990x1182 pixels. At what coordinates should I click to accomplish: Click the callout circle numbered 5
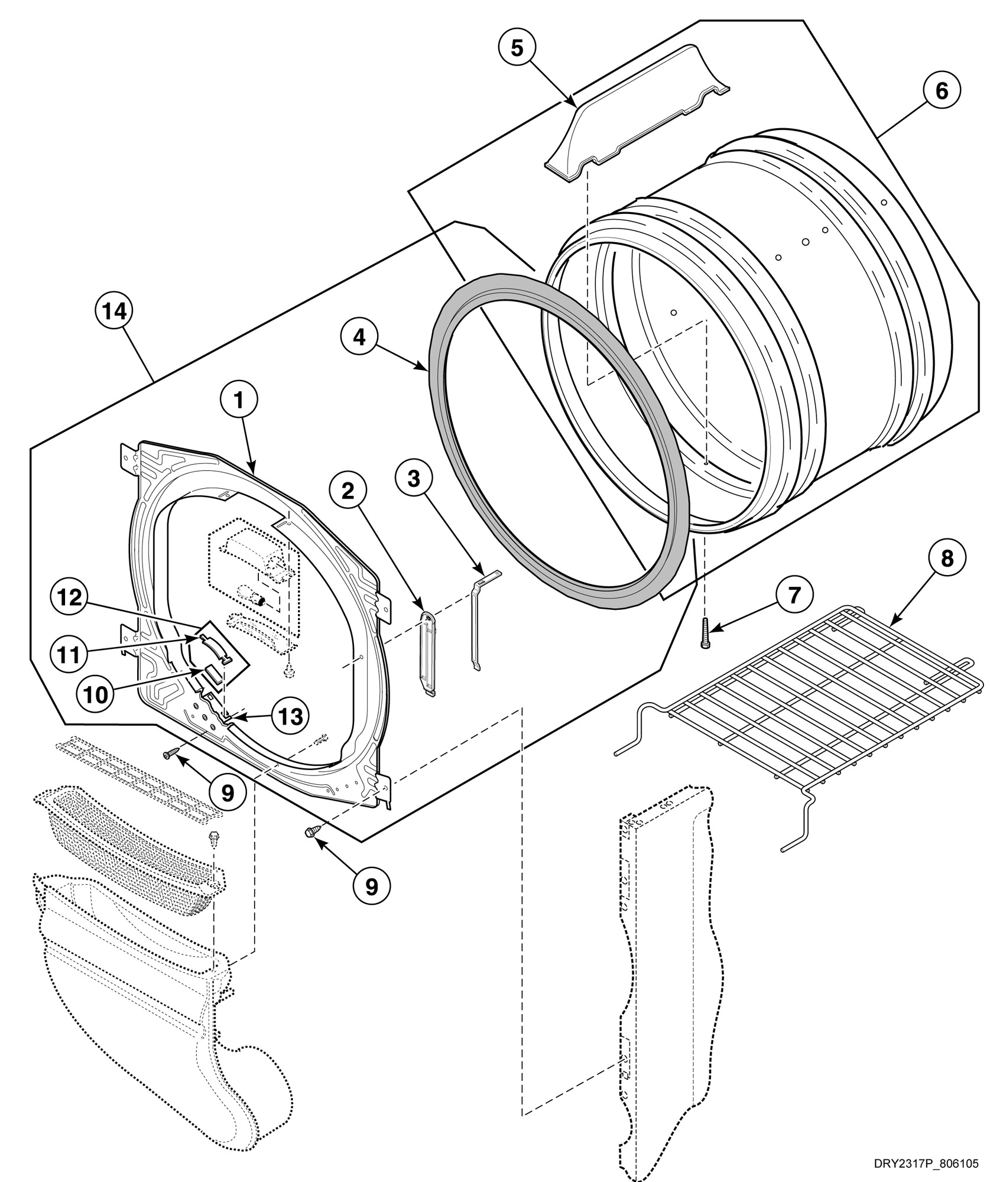[x=517, y=48]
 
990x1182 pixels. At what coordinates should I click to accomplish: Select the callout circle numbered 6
[x=941, y=90]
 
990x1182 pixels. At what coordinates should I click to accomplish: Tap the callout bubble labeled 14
[x=115, y=311]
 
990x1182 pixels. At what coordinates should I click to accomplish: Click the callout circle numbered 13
[x=291, y=717]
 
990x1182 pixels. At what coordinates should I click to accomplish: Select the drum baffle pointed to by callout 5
[x=638, y=118]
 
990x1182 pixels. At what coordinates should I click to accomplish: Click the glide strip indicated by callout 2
[x=427, y=654]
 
